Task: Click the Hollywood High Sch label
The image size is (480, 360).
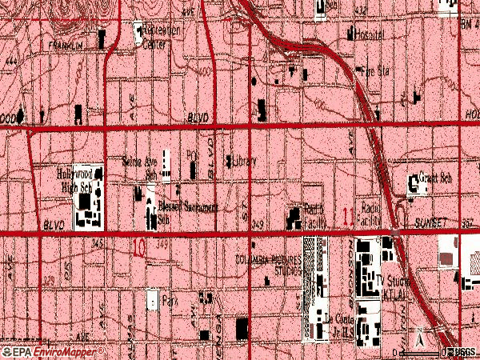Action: tap(79, 177)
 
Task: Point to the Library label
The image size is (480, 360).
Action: tap(244, 161)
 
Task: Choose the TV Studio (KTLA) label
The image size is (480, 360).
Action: tap(393, 286)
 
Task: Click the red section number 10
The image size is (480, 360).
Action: tap(140, 249)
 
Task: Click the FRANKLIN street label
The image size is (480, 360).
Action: tap(66, 46)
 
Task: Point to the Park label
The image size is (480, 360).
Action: tap(169, 302)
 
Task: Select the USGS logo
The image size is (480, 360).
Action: tap(466, 352)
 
